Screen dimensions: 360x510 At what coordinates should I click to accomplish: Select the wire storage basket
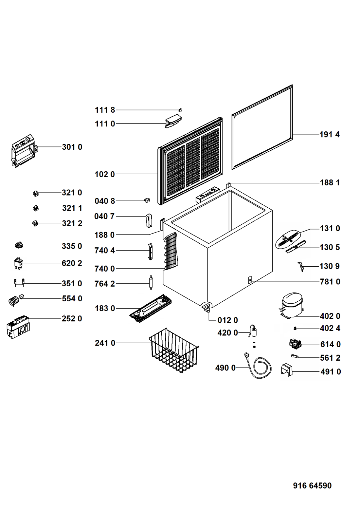pyautogui.click(x=174, y=350)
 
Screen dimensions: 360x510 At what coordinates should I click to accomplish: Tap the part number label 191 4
pyautogui.click(x=330, y=135)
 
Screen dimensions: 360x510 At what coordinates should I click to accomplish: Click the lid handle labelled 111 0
pyautogui.click(x=173, y=121)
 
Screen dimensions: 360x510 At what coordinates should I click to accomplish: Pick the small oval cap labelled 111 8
pyautogui.click(x=181, y=110)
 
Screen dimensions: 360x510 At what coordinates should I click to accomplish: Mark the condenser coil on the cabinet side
pyautogui.click(x=170, y=252)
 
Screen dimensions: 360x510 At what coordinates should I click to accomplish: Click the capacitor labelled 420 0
pyautogui.click(x=253, y=332)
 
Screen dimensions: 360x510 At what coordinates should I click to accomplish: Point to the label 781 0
pyautogui.click(x=330, y=282)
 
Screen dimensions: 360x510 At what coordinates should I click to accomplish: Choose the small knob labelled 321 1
pyautogui.click(x=35, y=208)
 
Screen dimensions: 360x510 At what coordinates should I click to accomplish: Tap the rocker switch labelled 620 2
pyautogui.click(x=18, y=263)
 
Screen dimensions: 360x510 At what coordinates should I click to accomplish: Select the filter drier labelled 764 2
pyautogui.click(x=151, y=283)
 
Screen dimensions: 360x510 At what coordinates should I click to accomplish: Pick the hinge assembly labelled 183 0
pyautogui.click(x=150, y=308)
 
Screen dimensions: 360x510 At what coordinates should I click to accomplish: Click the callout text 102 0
pyautogui.click(x=105, y=174)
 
